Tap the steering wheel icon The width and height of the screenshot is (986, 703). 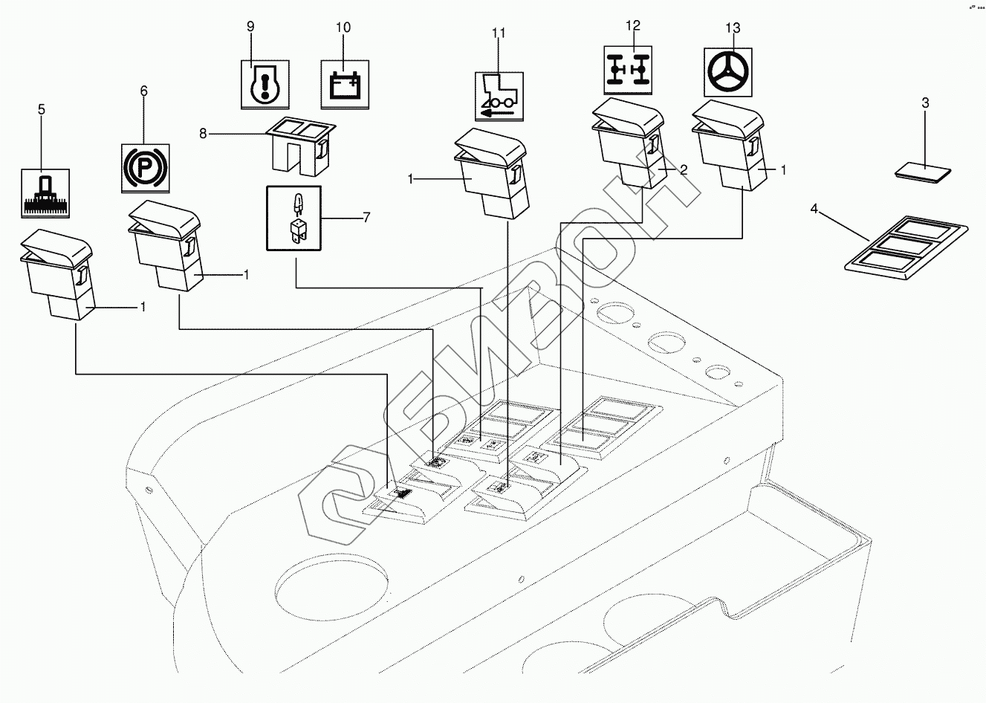coord(727,73)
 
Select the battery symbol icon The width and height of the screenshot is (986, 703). coord(344,85)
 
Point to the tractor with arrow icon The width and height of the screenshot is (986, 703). coord(498,96)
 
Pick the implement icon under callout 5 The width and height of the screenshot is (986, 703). coord(46,193)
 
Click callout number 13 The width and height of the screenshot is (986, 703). coord(733,28)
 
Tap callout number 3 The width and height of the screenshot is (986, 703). coord(925,103)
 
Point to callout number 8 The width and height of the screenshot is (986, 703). coord(202,134)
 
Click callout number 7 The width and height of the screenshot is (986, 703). coord(366,218)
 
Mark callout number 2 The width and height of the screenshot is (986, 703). coord(684,169)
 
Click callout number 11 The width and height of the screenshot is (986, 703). coord(498,33)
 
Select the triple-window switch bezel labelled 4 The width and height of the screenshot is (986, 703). coord(906,249)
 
